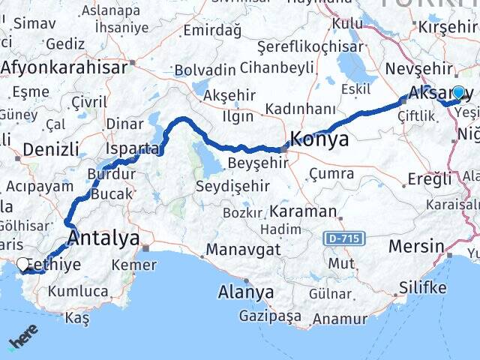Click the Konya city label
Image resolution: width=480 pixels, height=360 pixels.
coord(319,139)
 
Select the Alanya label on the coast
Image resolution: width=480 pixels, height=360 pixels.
coord(245,291)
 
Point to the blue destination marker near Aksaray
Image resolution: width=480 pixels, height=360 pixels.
coord(458,92)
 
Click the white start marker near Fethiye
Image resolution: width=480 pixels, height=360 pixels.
coord(23,264)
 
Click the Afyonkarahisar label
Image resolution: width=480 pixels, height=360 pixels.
coord(64,67)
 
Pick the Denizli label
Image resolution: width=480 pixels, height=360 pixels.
coord(45,148)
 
